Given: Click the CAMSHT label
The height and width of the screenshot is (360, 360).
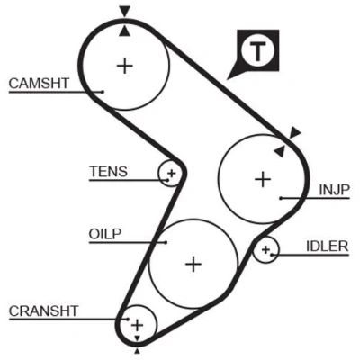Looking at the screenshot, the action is click(39, 83).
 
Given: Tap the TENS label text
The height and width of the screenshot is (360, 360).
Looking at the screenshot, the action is click(109, 172).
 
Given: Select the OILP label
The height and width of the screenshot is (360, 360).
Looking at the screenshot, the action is click(105, 234).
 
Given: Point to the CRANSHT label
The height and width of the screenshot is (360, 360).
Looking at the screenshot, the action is click(44, 311).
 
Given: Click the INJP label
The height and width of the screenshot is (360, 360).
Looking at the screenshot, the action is click(335, 190).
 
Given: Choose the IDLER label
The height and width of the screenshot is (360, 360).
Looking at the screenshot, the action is click(328, 247).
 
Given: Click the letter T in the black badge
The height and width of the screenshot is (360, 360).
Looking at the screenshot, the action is click(257, 51).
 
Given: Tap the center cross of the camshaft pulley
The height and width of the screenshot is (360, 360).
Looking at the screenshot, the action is click(125, 66).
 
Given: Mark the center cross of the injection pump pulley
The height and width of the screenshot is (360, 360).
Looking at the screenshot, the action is click(263, 179).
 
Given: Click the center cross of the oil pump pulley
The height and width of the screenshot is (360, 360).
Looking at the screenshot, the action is click(193, 265).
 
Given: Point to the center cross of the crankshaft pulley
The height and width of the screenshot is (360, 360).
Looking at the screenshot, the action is click(138, 325).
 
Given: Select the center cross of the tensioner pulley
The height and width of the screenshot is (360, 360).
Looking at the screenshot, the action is click(172, 173).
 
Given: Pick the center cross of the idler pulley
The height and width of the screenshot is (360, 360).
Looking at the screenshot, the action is click(265, 249).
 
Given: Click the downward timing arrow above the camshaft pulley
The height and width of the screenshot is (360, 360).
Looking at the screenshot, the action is click(125, 12).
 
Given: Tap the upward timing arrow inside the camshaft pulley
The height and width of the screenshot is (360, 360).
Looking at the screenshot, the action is click(124, 31).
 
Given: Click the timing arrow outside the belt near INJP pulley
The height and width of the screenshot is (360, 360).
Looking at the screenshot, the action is click(295, 132).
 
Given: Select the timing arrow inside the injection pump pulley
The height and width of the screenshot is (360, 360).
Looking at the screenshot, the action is click(280, 151).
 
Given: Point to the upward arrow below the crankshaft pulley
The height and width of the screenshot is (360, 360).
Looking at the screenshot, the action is click(138, 351).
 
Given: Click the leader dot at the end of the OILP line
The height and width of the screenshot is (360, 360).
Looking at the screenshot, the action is click(166, 242).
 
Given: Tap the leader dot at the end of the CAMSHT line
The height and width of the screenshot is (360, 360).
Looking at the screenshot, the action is click(103, 92).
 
